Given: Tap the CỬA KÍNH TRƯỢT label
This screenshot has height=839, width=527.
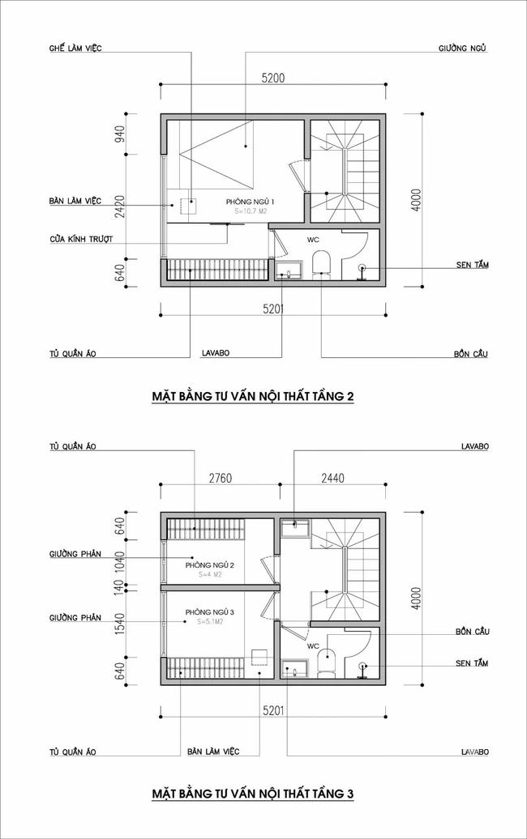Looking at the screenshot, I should point(80,240).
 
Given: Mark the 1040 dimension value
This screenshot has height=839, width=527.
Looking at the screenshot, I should point(119,560).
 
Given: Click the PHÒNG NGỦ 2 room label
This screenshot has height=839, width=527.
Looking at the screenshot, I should point(209,565).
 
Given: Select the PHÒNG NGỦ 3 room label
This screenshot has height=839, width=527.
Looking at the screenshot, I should point(209,611).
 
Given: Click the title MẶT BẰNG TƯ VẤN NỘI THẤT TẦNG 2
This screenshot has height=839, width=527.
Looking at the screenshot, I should point(253,397).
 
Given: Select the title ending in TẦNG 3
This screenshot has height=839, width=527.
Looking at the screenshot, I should point(253,794).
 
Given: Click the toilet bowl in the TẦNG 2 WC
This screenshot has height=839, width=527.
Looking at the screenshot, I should point(320,262).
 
